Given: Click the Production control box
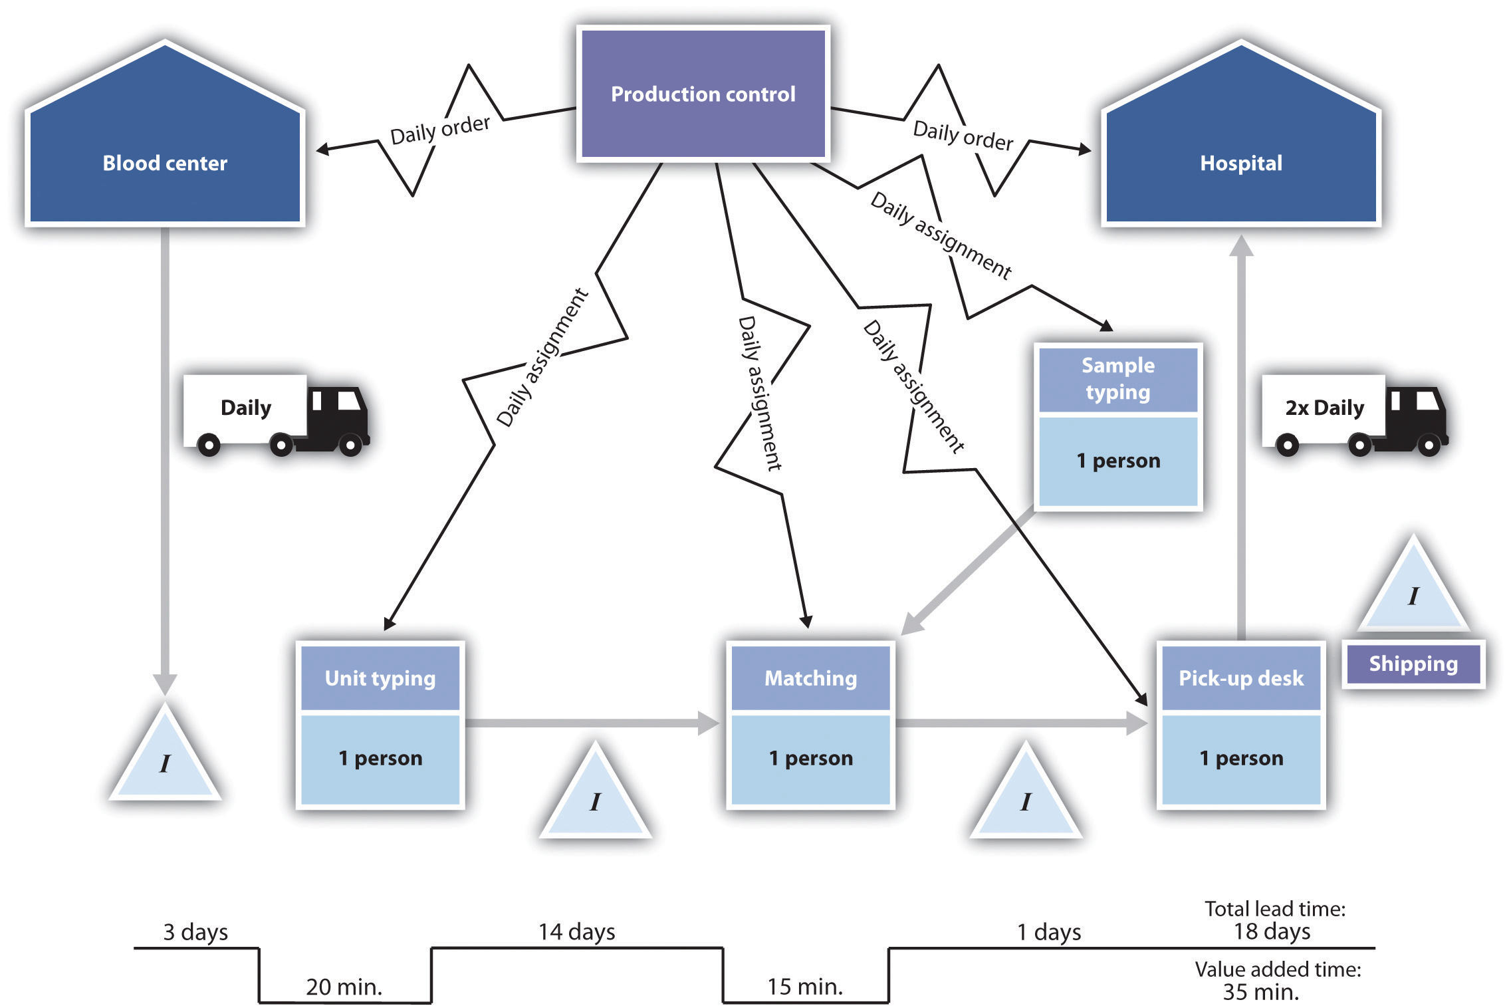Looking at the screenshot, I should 703,94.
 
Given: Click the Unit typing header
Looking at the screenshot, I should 380,678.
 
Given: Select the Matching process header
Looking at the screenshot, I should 810,678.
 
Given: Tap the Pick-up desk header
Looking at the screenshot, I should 1240,678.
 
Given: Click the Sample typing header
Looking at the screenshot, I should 1118,378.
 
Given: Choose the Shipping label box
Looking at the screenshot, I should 1413,664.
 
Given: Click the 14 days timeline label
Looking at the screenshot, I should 576,932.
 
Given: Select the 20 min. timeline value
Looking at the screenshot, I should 344,987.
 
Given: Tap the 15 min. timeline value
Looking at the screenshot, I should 804,987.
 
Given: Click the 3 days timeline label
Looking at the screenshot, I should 195,932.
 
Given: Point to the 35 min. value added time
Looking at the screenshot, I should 1260,992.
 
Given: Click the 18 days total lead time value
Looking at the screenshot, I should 1272,931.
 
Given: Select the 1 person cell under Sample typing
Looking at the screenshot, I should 1118,460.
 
